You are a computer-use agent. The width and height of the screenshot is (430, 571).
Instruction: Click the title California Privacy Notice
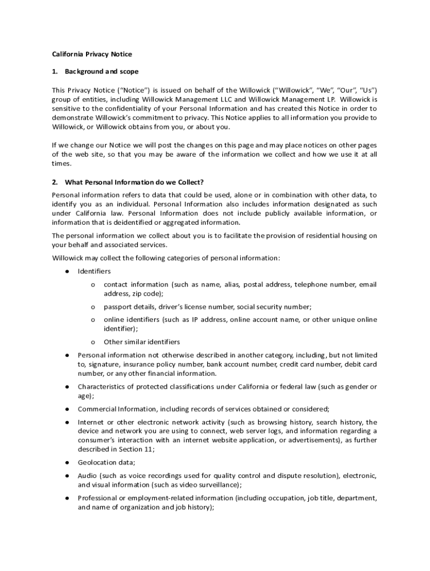pos(92,54)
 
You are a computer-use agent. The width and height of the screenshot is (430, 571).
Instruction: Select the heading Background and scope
pos(102,71)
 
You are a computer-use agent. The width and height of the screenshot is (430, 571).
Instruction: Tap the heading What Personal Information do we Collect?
pos(134,182)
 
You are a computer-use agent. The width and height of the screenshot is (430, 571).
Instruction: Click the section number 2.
pos(55,182)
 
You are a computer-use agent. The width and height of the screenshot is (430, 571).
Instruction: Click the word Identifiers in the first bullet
pos(94,271)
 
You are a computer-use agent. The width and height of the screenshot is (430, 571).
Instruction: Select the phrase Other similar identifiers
pos(142,342)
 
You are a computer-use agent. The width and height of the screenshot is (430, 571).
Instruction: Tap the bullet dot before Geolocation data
pos(66,462)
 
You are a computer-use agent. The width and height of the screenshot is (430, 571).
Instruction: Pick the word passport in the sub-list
pos(118,307)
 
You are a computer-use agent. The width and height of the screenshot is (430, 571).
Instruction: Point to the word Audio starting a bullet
pos(87,476)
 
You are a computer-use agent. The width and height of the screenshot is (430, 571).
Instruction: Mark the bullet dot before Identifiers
pos(66,271)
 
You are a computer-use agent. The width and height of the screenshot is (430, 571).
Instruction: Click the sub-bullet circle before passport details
pos(93,307)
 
